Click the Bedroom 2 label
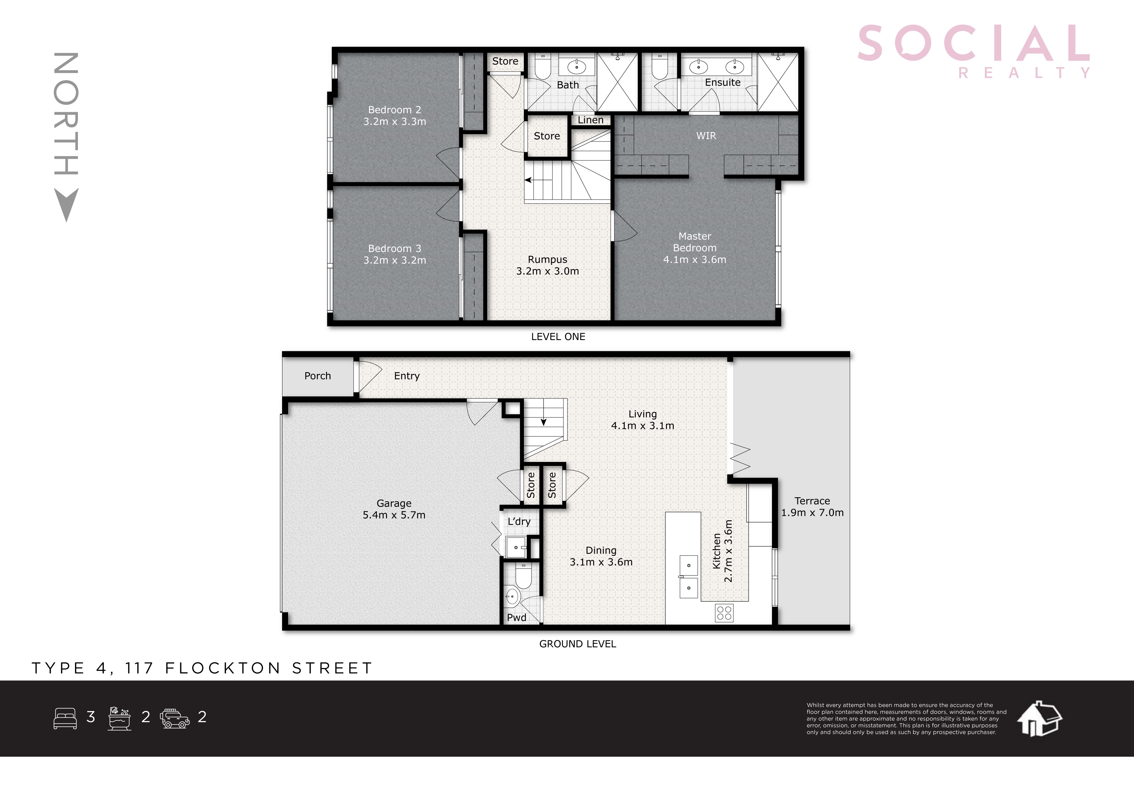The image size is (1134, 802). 395,110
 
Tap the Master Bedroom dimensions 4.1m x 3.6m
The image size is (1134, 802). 694,259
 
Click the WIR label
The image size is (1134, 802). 706,136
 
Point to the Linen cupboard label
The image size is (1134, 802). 590,120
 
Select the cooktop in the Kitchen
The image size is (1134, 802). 724,613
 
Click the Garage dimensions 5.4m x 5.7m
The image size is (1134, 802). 394,515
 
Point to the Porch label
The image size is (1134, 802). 318,376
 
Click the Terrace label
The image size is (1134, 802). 812,501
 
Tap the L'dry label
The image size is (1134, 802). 519,522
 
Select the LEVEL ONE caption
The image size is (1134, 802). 558,337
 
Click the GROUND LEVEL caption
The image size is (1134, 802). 577,644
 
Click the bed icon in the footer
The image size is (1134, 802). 65,718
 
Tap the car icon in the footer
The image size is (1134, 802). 175,718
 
